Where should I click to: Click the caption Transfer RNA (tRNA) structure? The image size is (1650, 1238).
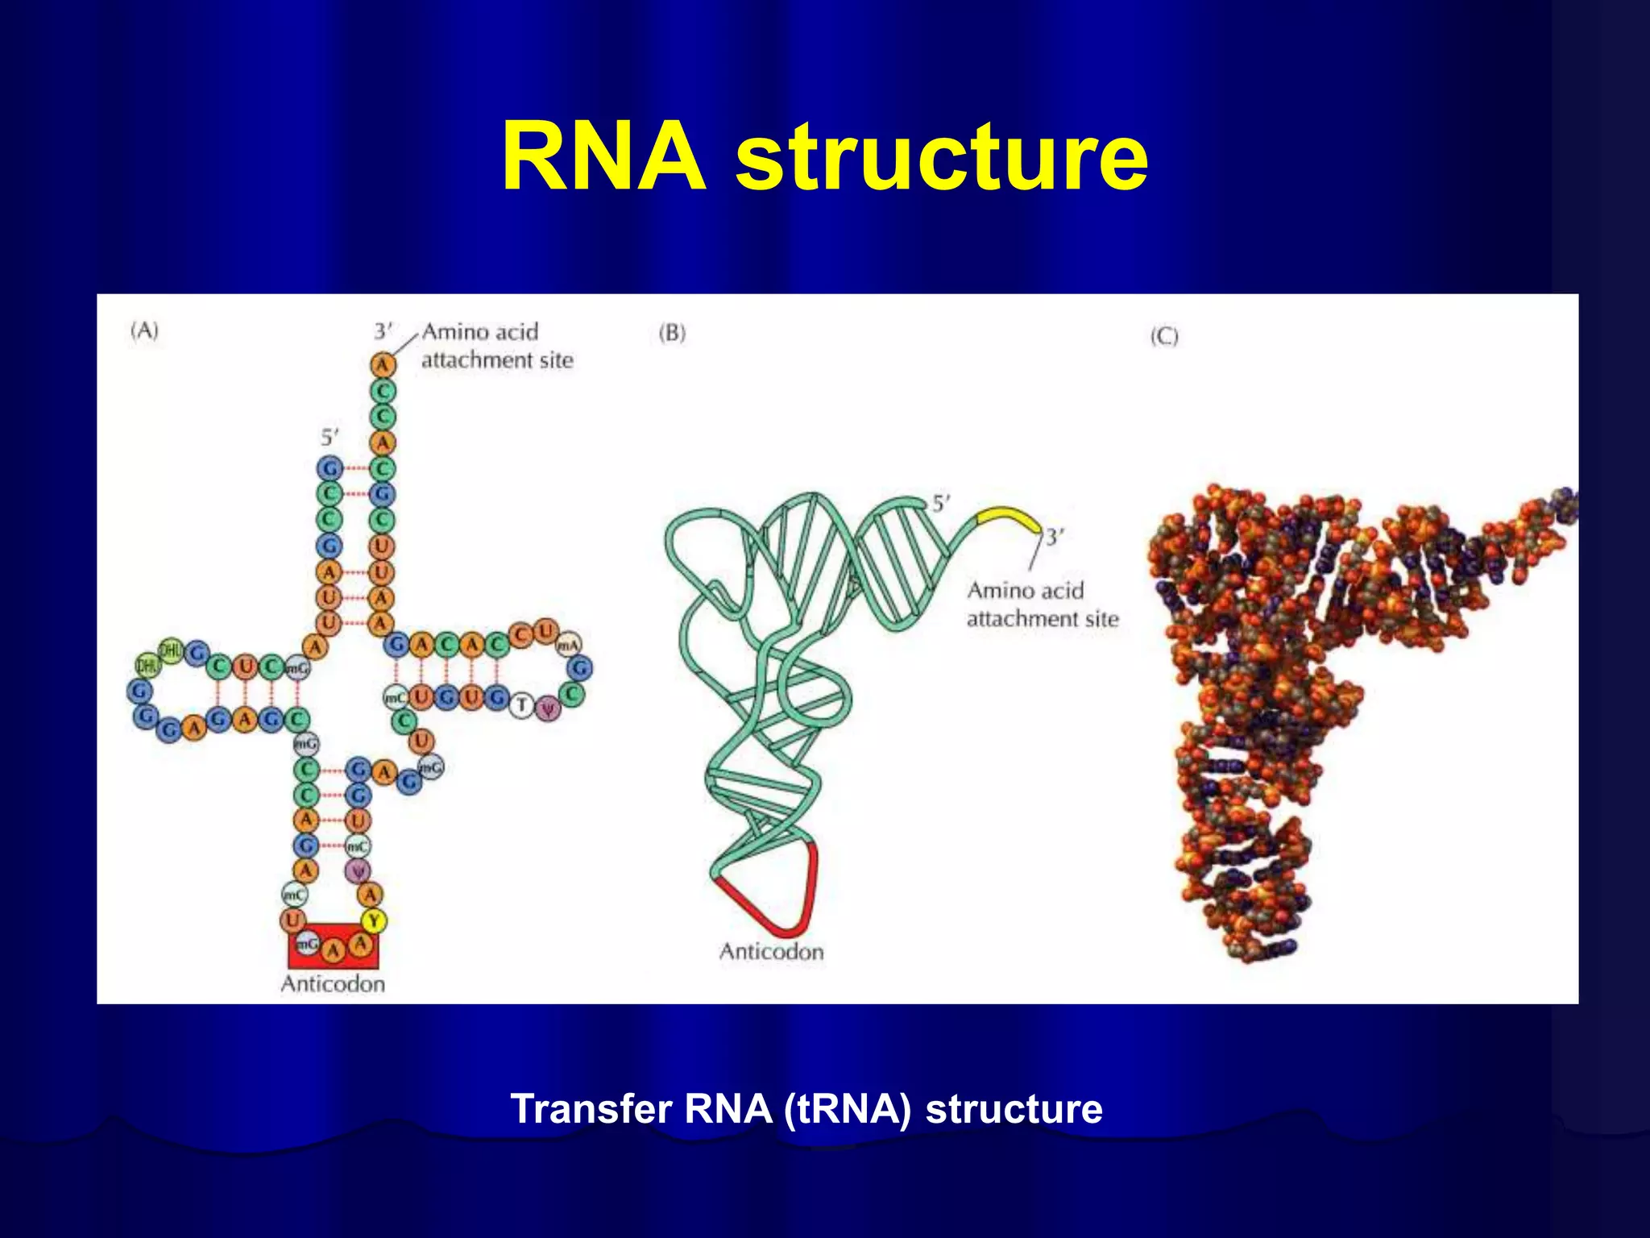[x=806, y=1108]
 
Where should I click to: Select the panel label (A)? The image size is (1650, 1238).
[x=145, y=330]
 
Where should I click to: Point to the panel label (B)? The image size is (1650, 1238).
[x=672, y=333]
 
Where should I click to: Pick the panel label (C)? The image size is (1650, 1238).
[x=1164, y=336]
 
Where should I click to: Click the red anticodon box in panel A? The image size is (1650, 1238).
[x=333, y=946]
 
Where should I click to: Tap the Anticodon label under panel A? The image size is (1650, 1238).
[x=333, y=983]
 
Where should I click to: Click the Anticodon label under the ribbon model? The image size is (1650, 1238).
[x=771, y=952]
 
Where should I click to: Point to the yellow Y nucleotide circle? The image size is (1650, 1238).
[x=373, y=920]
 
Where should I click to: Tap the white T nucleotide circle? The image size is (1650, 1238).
[x=521, y=705]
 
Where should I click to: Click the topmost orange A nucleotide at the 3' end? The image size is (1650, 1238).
[x=383, y=364]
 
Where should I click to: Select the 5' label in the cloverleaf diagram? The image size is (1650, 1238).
[x=330, y=438]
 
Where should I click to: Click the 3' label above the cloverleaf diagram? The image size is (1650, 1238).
[x=383, y=331]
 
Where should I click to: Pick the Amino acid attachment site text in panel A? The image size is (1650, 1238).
[x=495, y=346]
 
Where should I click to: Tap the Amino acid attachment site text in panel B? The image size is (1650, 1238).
[x=1042, y=604]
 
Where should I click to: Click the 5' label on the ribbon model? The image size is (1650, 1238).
[x=941, y=504]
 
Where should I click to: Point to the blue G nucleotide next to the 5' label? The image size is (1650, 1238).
[x=330, y=467]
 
